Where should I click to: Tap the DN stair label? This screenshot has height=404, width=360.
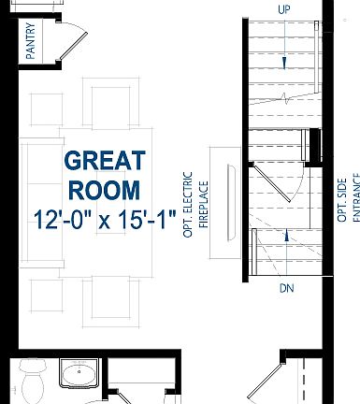[x=286, y=288]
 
